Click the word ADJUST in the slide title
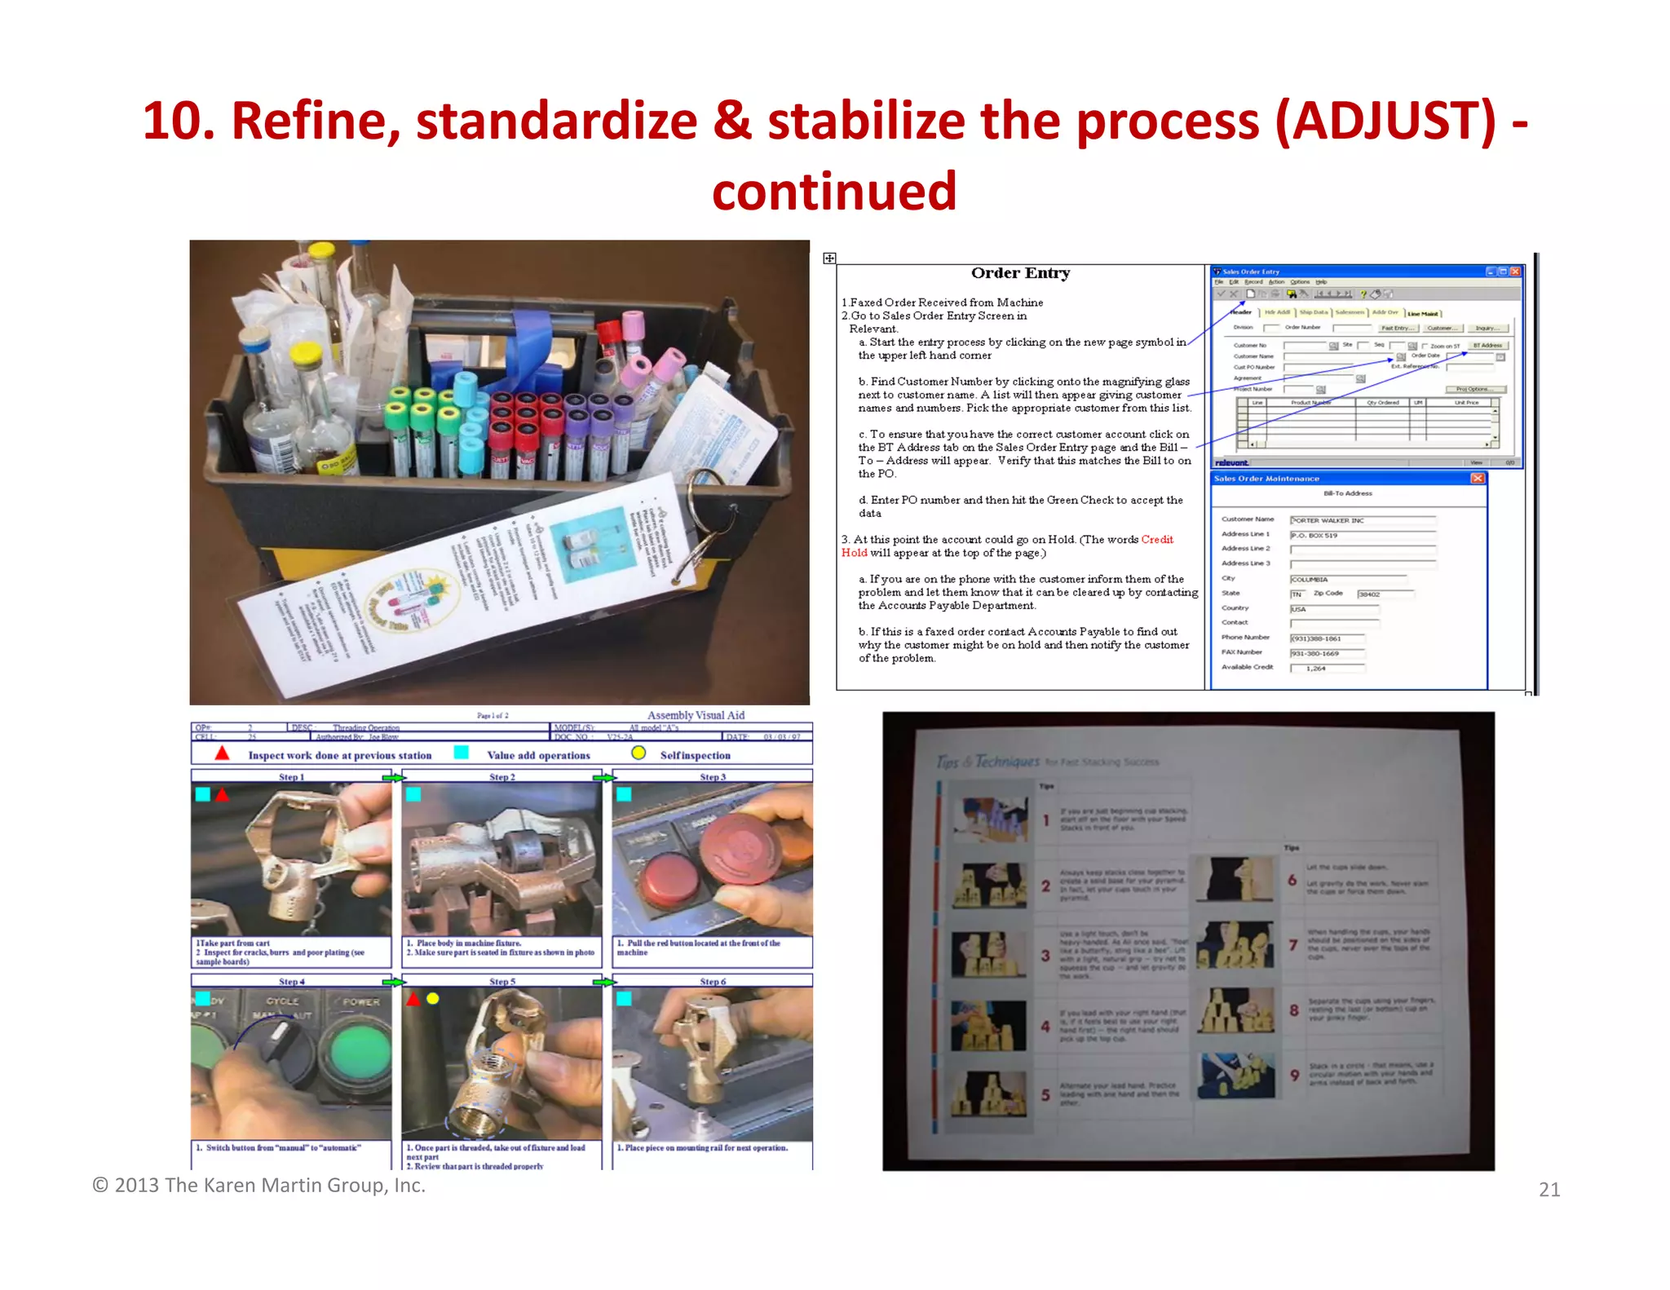(x=1385, y=121)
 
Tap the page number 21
(x=1549, y=1190)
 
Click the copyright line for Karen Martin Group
(x=258, y=1185)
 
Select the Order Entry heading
(x=1020, y=273)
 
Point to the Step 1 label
(x=291, y=777)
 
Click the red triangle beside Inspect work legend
(x=222, y=753)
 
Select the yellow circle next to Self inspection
(x=638, y=753)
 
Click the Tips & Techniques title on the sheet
(x=988, y=761)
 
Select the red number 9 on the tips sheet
(x=1294, y=1075)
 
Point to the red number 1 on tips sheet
(x=1045, y=820)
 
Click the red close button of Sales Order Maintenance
(x=1477, y=479)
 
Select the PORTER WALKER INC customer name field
(x=1362, y=520)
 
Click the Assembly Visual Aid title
(x=696, y=715)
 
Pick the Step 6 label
(x=712, y=982)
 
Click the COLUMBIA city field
(x=1347, y=579)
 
